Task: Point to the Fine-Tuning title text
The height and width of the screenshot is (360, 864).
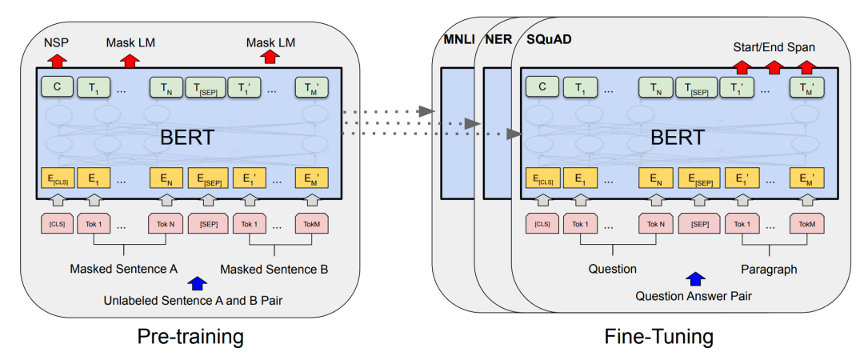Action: point(658,337)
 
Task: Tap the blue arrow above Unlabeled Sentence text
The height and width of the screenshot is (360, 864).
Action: point(195,283)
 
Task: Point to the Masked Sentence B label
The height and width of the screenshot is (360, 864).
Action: point(274,269)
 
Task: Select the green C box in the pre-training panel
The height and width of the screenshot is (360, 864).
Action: point(57,87)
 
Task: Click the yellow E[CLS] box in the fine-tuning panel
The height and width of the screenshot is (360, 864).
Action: point(541,178)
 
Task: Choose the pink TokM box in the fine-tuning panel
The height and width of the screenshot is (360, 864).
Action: point(806,223)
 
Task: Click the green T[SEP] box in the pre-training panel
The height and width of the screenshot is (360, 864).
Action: point(206,87)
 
